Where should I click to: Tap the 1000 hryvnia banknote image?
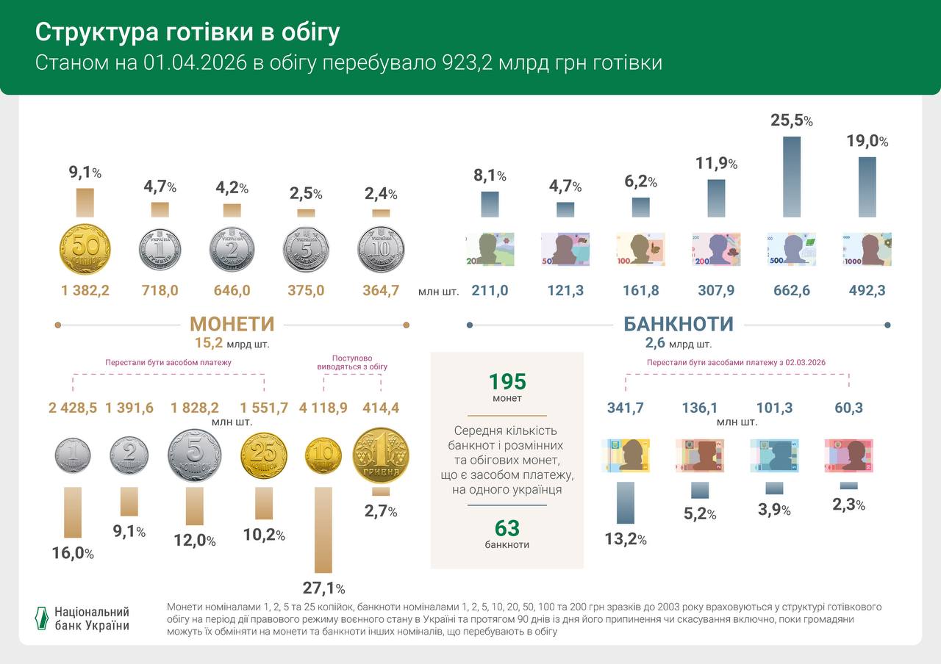(x=867, y=250)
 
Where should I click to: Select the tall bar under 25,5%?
(x=791, y=176)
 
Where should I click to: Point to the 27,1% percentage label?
(x=323, y=588)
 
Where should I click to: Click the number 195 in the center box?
(x=507, y=382)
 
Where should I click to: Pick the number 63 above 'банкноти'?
(x=507, y=528)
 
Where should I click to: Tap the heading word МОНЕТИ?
(x=232, y=324)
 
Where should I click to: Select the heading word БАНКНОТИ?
(x=678, y=324)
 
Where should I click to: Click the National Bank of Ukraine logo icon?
(x=43, y=618)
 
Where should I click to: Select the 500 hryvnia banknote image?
(x=791, y=250)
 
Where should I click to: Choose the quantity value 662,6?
(x=792, y=291)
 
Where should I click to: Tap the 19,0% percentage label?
(x=867, y=141)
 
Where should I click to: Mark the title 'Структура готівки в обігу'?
(x=188, y=32)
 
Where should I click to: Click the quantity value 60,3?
(x=849, y=408)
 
